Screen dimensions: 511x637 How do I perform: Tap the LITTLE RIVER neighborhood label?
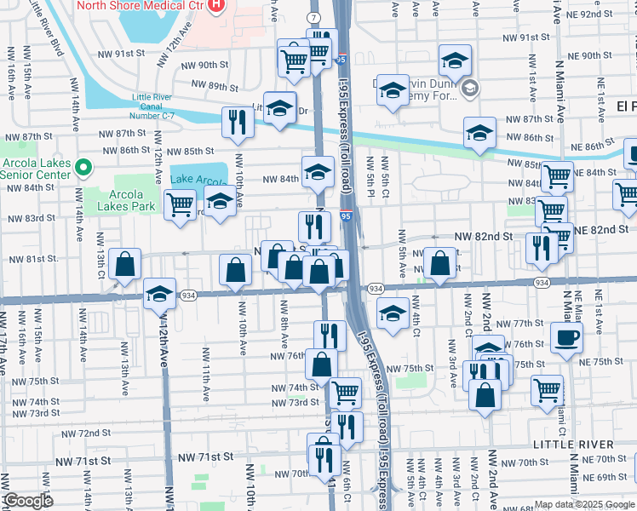pos(572,445)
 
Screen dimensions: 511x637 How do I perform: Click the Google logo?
pos(27,501)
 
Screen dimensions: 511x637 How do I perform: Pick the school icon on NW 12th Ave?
pos(159,294)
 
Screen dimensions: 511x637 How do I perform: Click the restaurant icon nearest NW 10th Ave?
pos(234,122)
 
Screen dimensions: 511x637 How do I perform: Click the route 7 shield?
pos(314,17)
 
